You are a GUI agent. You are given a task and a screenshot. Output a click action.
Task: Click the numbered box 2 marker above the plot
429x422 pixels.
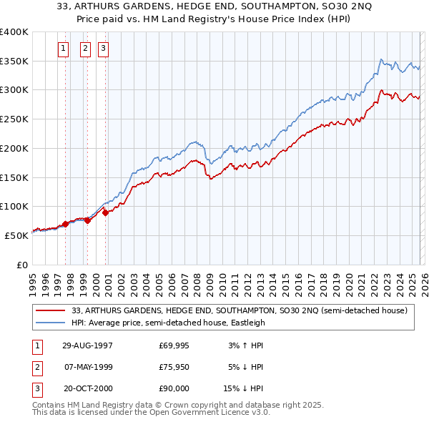point(86,49)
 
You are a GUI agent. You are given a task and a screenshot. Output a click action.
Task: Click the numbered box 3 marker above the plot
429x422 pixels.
point(104,49)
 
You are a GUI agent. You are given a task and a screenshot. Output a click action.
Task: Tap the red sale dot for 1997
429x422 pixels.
point(66,224)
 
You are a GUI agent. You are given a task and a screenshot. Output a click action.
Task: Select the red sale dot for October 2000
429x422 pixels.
point(105,212)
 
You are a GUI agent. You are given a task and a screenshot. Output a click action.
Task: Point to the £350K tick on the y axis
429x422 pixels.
point(14,62)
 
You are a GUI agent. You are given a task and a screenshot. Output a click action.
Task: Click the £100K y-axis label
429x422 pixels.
point(14,207)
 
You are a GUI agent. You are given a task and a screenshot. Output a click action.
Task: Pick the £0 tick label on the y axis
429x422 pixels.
point(21,265)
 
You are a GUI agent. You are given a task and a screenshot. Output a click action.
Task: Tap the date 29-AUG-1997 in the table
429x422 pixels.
point(87,345)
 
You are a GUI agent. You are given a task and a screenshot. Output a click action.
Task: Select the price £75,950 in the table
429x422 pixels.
point(174,367)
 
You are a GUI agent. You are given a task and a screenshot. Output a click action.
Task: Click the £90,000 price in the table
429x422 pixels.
point(174,388)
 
